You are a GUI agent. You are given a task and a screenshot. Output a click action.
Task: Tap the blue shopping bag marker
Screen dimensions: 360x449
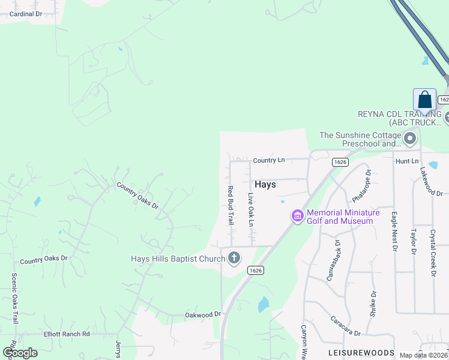point(424,100)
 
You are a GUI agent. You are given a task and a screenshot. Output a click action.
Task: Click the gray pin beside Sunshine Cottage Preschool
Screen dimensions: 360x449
point(411,139)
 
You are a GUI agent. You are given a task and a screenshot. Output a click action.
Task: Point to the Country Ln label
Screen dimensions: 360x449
point(268,160)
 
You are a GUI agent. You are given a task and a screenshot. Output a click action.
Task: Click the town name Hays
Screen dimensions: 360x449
point(265,184)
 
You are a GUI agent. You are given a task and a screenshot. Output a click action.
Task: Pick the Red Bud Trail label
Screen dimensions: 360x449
point(230,205)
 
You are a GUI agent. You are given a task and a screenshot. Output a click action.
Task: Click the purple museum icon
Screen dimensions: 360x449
point(297,216)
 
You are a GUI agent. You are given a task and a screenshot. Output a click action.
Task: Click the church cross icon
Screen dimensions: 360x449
point(234,259)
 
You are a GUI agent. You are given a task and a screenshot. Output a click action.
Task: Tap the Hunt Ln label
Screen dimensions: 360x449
point(406,161)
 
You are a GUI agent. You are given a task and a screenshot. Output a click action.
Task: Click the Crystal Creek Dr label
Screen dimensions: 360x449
point(433,252)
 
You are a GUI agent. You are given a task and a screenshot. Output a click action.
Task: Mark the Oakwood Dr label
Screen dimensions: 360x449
point(203,314)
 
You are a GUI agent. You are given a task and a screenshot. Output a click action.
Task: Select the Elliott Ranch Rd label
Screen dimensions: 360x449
point(66,334)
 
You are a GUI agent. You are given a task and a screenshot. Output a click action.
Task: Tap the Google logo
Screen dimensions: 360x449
point(20,353)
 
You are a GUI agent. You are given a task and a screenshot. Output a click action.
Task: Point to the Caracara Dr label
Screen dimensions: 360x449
point(345,327)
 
